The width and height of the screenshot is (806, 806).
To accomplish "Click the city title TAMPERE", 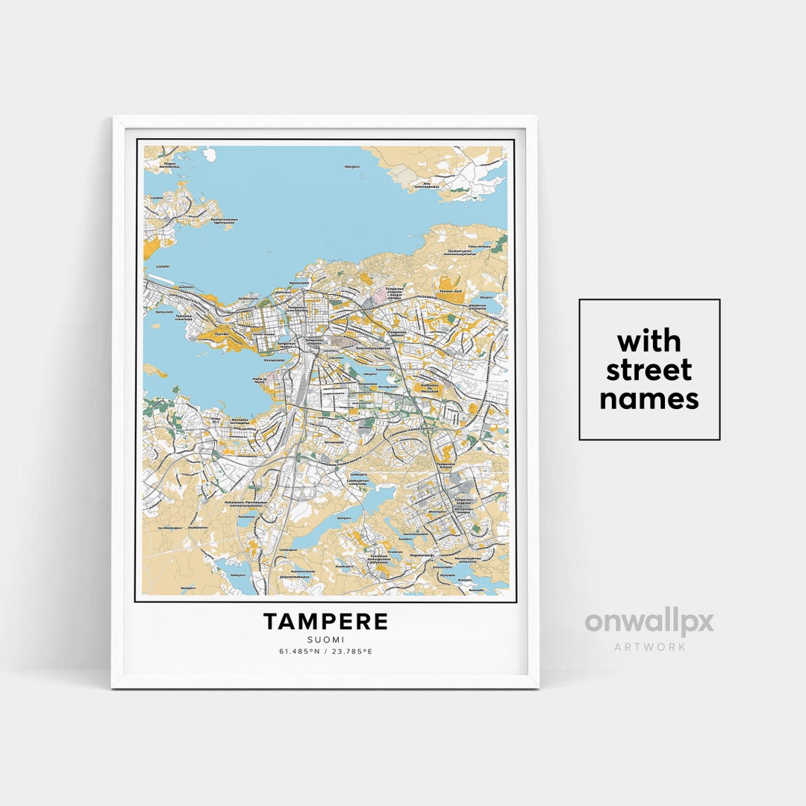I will (325, 622).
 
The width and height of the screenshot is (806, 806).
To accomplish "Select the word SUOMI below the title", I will (325, 639).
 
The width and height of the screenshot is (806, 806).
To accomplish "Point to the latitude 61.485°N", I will (299, 651).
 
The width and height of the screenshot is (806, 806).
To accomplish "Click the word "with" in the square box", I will (649, 342).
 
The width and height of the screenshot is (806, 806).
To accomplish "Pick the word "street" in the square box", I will (649, 370).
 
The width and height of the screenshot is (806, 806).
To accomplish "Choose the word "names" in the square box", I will (649, 399).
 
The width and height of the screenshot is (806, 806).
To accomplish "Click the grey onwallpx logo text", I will (649, 622).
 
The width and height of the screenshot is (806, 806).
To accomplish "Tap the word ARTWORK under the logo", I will (649, 646).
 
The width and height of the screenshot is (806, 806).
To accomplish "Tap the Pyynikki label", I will (221, 334).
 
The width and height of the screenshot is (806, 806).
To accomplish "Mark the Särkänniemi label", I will (248, 299).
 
